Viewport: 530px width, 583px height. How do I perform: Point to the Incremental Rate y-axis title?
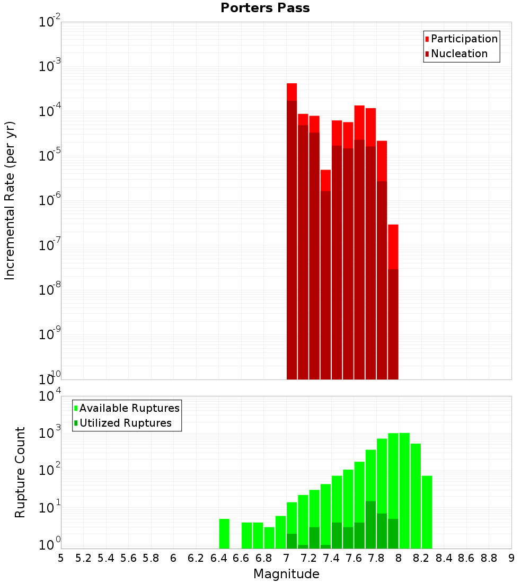click(x=10, y=200)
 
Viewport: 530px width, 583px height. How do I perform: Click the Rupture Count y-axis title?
click(x=20, y=472)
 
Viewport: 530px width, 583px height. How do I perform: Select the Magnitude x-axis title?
click(x=286, y=574)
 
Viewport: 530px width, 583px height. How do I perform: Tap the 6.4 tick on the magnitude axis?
click(x=218, y=559)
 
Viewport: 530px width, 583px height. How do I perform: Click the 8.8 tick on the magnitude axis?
click(x=489, y=559)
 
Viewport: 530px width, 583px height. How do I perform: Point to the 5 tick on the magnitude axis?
click(x=61, y=559)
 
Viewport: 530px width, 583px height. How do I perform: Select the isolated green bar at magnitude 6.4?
click(x=224, y=534)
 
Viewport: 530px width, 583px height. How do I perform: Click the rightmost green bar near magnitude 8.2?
click(x=427, y=512)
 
